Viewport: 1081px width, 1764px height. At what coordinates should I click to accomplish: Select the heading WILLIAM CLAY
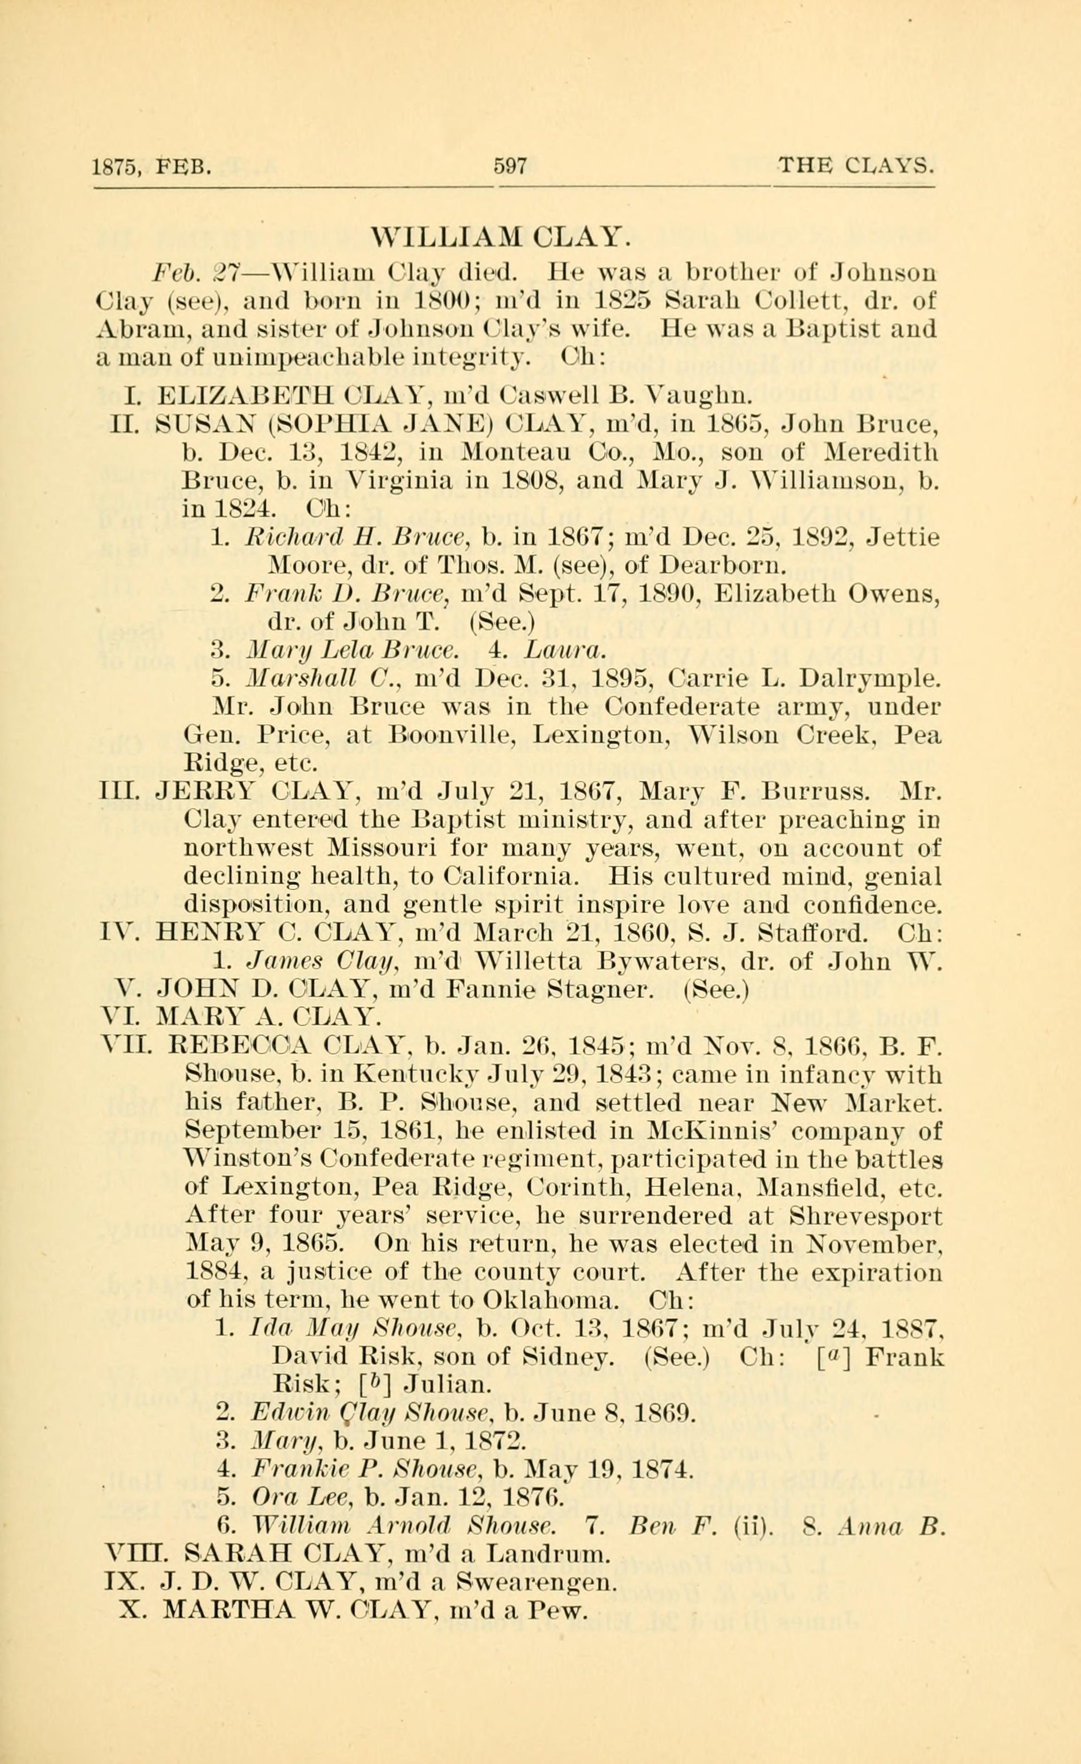click(x=500, y=236)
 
